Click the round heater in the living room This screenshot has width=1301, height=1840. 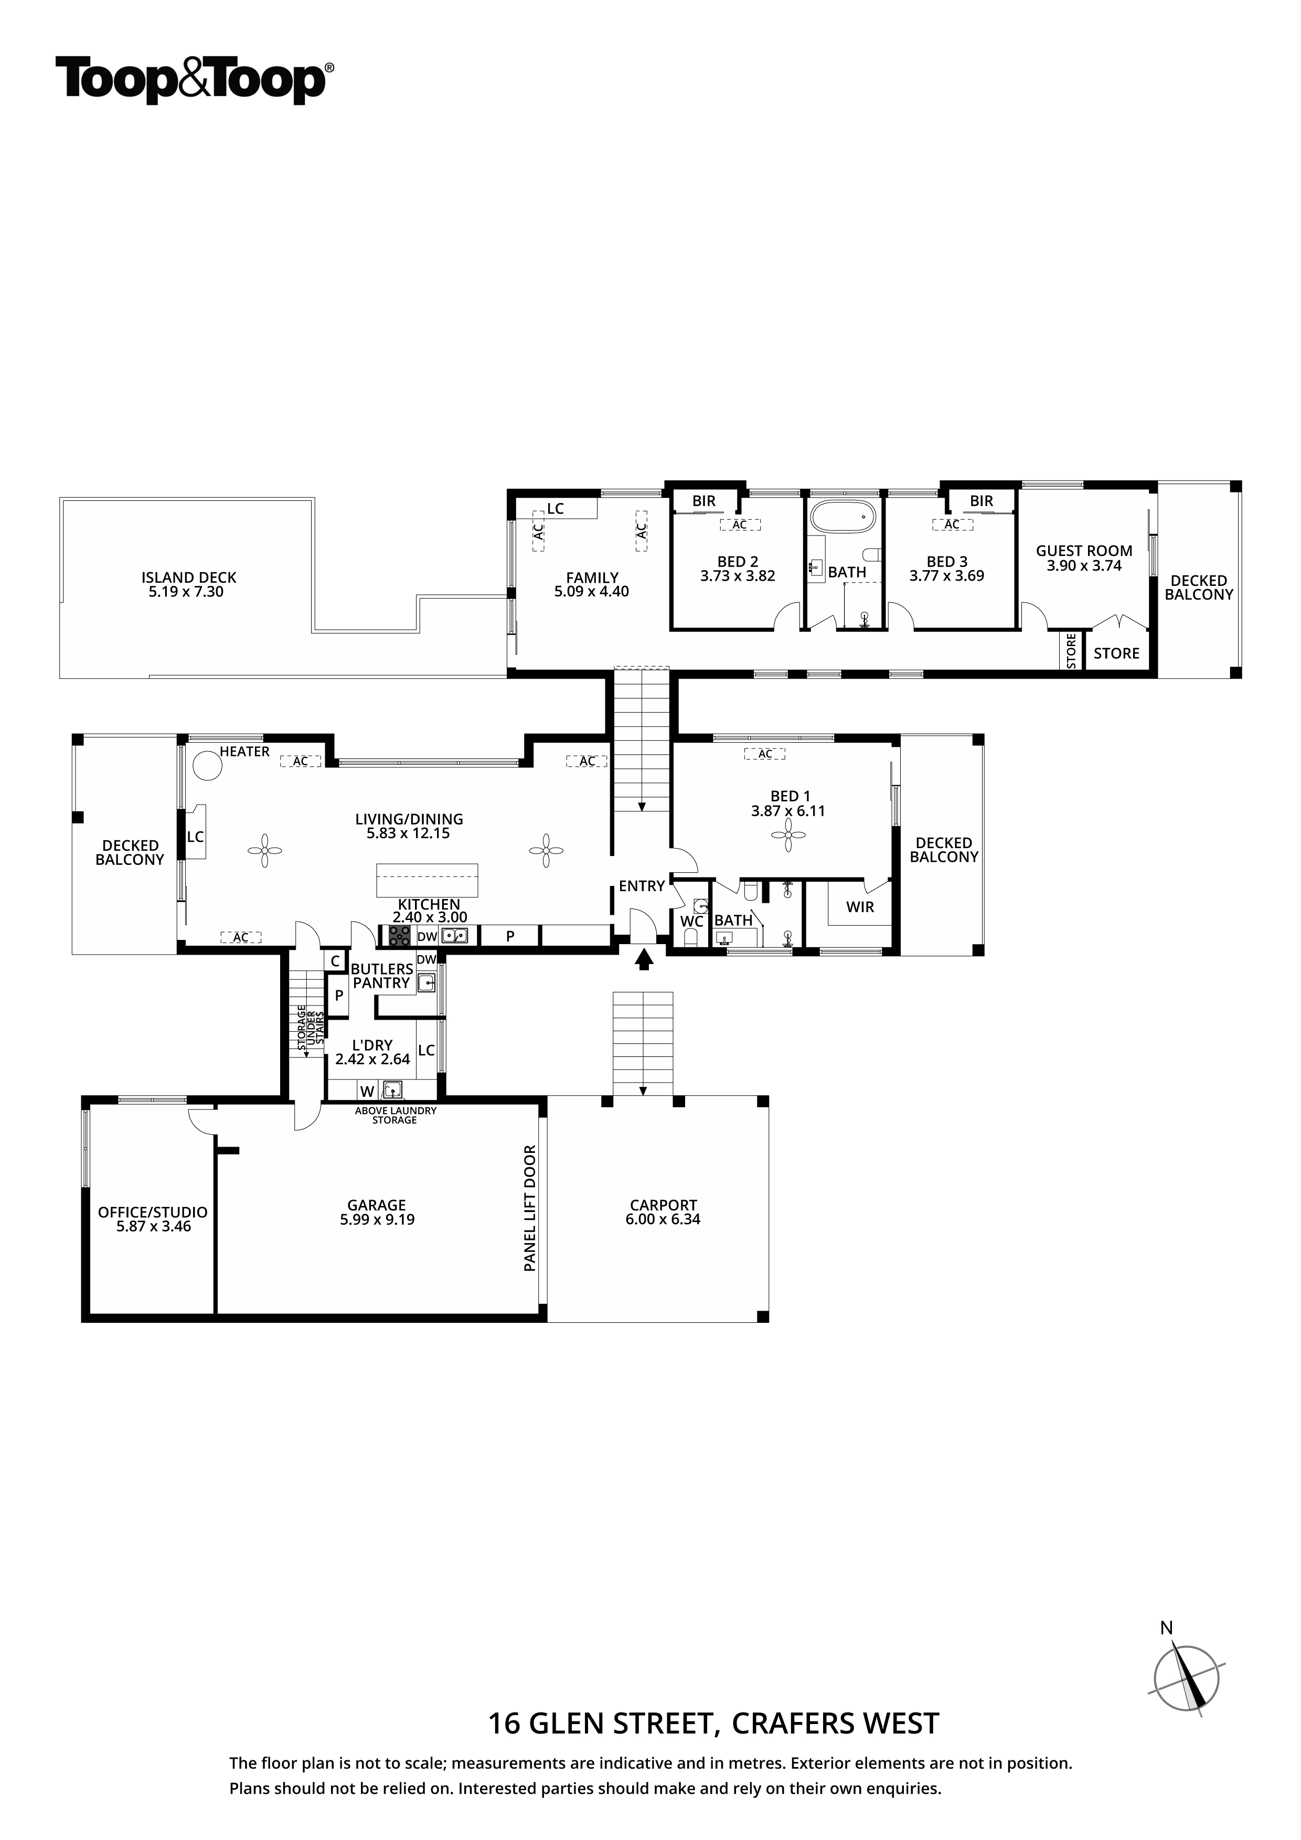[x=208, y=765]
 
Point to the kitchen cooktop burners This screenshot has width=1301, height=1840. [x=400, y=935]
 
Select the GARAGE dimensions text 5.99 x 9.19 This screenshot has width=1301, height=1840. [x=377, y=1219]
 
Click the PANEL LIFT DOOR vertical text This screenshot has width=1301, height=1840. [x=530, y=1208]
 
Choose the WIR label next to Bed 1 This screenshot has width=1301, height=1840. [x=860, y=907]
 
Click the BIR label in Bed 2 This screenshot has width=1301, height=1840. [x=704, y=501]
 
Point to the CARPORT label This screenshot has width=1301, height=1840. [x=663, y=1205]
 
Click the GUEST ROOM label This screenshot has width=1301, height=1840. [x=1084, y=551]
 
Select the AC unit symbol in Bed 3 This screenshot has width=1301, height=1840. [x=952, y=525]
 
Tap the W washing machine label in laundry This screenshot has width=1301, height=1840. [x=367, y=1092]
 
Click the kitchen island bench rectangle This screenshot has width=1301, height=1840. [x=427, y=881]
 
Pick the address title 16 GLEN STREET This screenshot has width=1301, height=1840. [x=600, y=1723]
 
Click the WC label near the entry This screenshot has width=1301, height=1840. [x=692, y=922]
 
